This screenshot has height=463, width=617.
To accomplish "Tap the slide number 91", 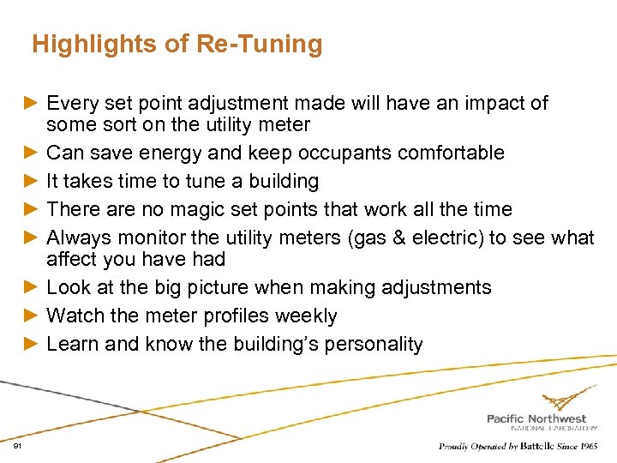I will (18, 447).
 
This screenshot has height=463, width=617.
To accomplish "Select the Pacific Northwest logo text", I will (536, 418).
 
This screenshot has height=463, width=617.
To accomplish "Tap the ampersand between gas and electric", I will (404, 238).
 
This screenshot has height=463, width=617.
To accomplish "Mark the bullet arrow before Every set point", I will (31, 104).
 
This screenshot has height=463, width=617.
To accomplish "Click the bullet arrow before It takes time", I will (31, 181).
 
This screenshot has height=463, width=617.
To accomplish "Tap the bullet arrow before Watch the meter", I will (31, 316).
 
